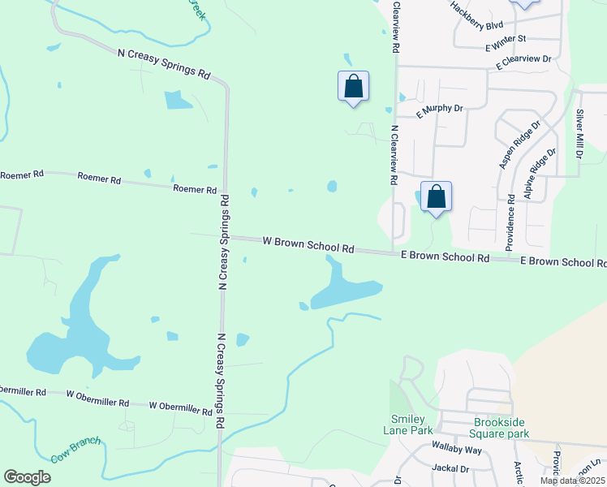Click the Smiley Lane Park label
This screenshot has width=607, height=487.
pyautogui.click(x=409, y=425)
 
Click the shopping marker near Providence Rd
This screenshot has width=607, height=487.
pyautogui.click(x=436, y=197)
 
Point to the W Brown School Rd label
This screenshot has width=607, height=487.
pyautogui.click(x=308, y=244)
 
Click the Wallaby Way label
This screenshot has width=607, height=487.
pyautogui.click(x=457, y=450)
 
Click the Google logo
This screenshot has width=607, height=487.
pyautogui.click(x=27, y=477)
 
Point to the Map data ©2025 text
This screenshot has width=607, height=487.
pyautogui.click(x=571, y=481)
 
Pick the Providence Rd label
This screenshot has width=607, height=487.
pyautogui.click(x=510, y=221)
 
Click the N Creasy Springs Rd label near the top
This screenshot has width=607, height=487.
pyautogui.click(x=164, y=62)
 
